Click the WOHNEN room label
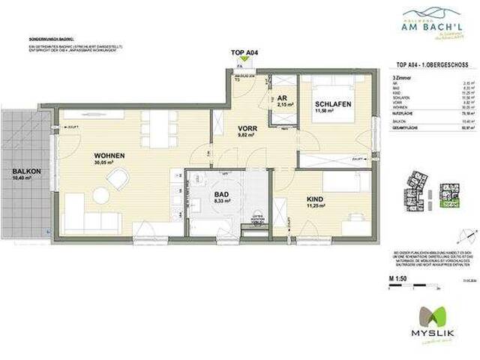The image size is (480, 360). [109, 155]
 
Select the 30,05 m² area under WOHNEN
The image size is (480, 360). [108, 163]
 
